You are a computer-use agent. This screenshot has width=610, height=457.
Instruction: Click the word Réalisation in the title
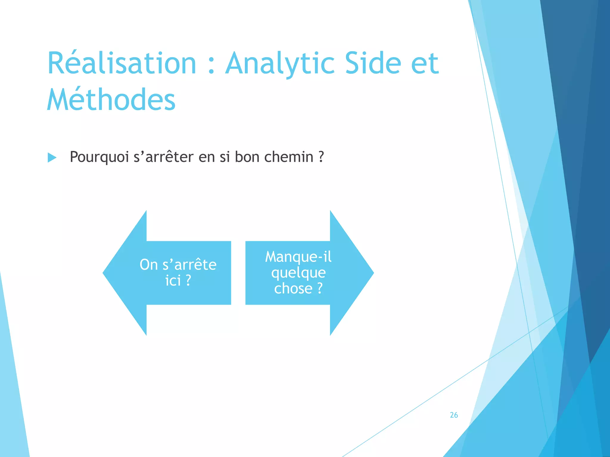(x=122, y=63)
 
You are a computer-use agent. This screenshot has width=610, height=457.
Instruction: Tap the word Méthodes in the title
(x=111, y=100)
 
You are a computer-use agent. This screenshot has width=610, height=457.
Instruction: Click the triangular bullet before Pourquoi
(x=52, y=157)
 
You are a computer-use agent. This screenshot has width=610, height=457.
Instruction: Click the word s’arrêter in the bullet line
(x=164, y=157)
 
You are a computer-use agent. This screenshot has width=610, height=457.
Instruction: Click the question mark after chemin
(x=321, y=157)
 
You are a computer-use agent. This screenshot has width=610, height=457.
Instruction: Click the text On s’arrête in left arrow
(x=178, y=265)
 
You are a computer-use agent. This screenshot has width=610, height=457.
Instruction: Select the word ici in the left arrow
(x=173, y=281)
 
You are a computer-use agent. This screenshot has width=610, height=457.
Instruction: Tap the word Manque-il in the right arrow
(x=298, y=257)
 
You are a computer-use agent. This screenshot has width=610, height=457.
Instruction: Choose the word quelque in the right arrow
(x=298, y=273)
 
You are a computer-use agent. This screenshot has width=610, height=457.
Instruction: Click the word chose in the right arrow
(x=293, y=289)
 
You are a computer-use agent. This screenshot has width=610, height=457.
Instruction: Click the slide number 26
(x=454, y=415)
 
